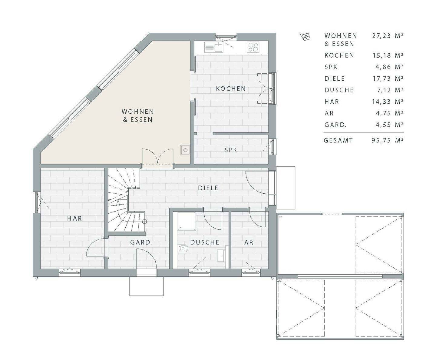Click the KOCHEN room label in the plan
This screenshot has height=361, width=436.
click(231, 89)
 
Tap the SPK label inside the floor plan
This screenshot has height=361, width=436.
click(231, 150)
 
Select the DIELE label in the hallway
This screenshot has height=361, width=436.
click(208, 188)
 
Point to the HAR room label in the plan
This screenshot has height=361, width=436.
click(74, 219)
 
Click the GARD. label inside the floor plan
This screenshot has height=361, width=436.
click(141, 242)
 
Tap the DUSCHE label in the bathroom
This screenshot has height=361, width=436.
click(205, 242)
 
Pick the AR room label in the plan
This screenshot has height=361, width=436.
click(249, 242)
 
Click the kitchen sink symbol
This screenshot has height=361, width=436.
click(214, 47)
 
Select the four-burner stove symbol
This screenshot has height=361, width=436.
click(253, 47)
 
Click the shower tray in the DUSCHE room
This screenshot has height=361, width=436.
click(186, 221)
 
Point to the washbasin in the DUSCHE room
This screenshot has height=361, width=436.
click(221, 256)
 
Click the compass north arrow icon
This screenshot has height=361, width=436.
click(305, 37)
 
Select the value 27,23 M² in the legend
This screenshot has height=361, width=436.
click(388, 36)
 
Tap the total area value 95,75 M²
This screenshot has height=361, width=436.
click(388, 140)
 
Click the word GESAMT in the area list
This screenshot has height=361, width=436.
click(338, 140)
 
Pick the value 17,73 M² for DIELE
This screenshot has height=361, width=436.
click(388, 79)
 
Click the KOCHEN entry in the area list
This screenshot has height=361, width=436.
click(339, 55)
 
